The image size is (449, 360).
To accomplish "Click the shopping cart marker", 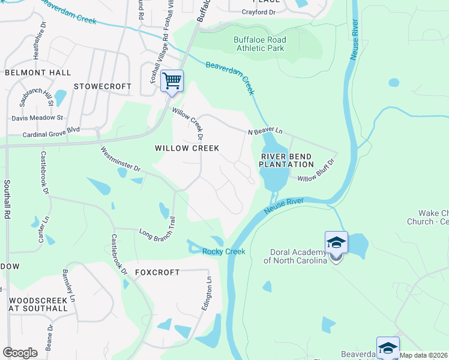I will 172,81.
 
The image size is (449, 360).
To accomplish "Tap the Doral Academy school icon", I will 336,244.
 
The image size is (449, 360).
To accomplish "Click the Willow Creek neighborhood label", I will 187,148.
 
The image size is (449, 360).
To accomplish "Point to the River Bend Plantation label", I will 286,160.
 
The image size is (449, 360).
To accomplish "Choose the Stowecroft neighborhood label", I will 102,86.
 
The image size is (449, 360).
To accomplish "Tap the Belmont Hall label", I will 38,72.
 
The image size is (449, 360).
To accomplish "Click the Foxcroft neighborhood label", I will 157,272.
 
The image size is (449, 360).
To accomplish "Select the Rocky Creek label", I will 224,252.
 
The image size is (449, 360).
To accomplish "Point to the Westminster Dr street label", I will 120,160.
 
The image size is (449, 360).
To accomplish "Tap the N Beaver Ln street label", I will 265,131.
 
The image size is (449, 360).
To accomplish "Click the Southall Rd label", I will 8,199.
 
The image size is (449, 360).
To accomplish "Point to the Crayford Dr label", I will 258,12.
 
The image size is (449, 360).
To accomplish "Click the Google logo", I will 20,353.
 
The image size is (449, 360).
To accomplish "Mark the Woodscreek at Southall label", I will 38,303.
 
